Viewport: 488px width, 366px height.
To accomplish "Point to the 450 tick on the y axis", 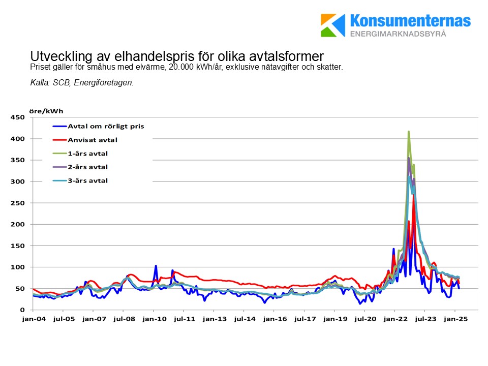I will (x=18, y=117).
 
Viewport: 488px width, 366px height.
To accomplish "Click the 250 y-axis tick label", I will (x=18, y=203).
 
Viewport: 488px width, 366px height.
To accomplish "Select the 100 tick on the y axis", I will (x=18, y=267).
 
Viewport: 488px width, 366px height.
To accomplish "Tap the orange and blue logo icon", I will (x=332, y=25).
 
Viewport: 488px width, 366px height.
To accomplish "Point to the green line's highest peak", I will (x=408, y=131).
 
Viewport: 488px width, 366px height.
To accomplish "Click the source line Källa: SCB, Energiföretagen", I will (x=82, y=82).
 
